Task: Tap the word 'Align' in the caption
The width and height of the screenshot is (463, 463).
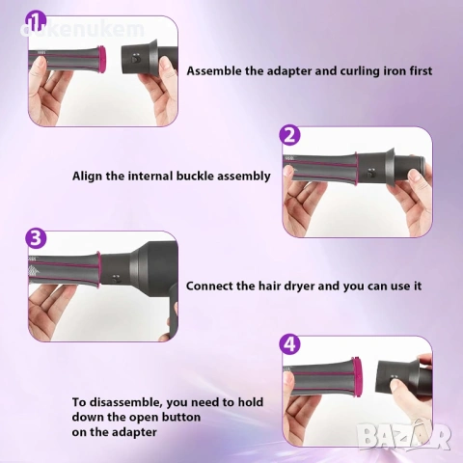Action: coord(88,177)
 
